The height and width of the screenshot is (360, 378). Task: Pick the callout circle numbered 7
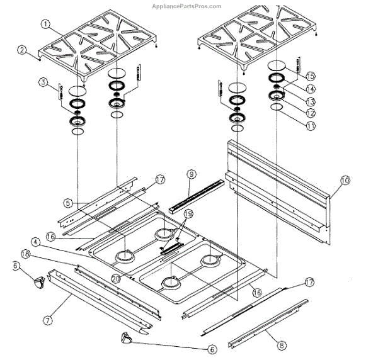pos(47,320)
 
